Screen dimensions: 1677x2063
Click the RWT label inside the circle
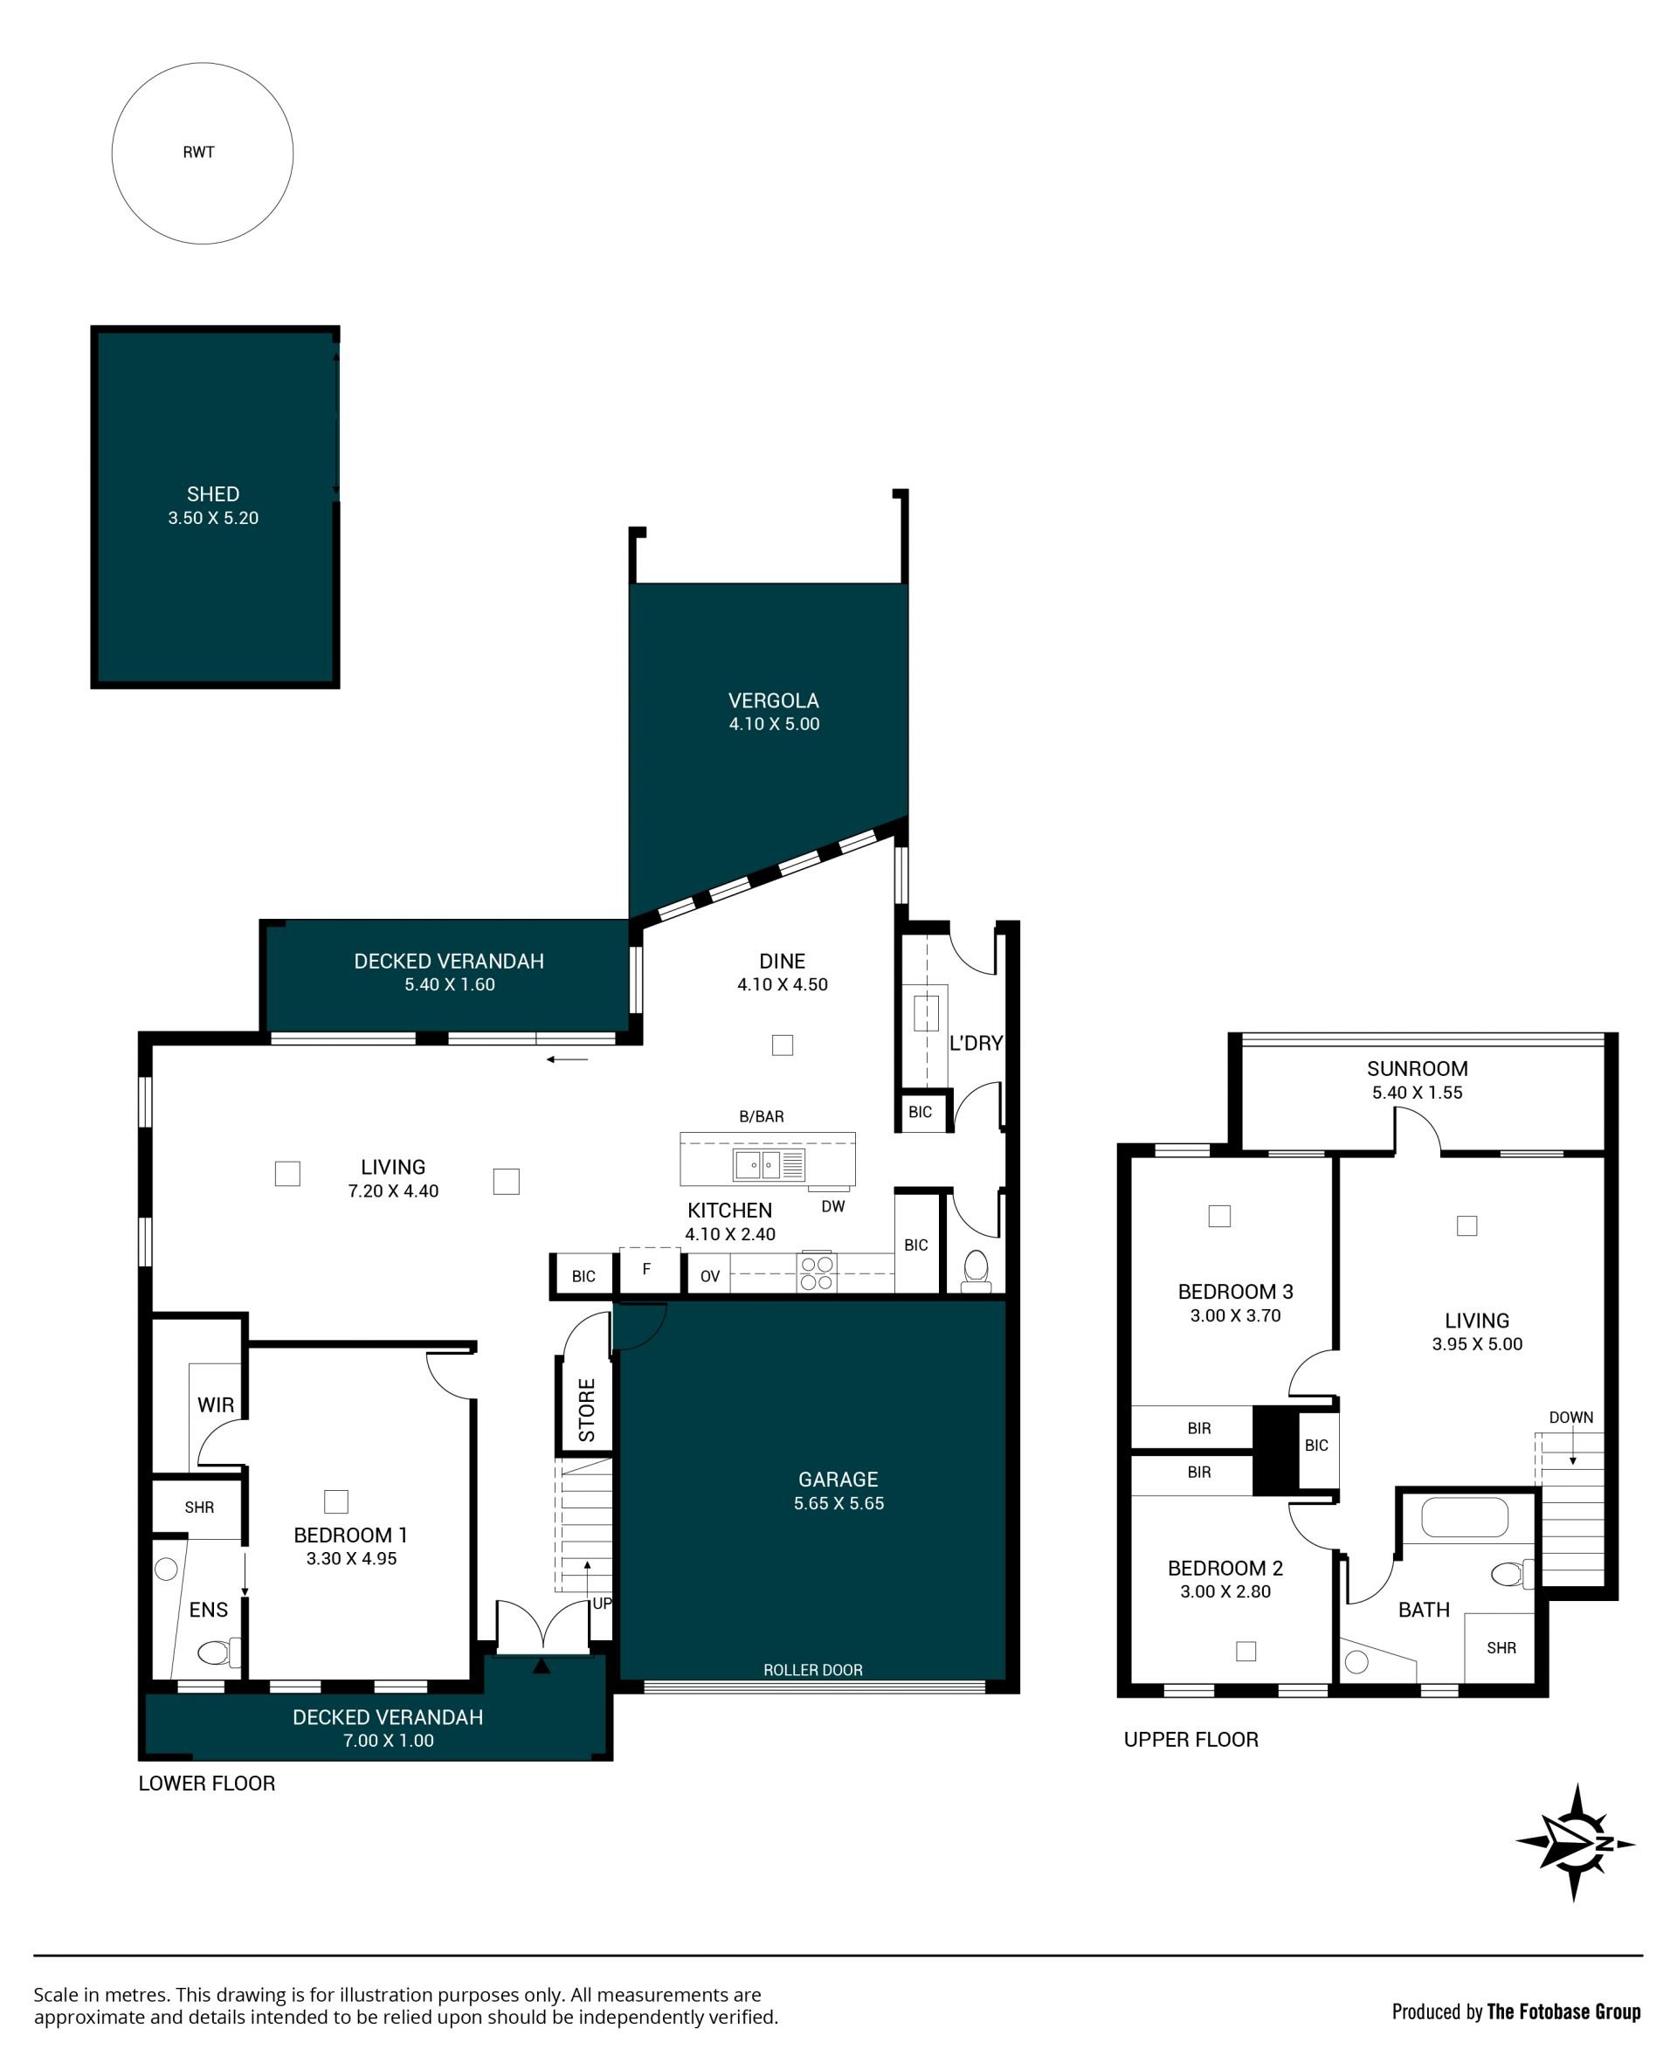click(x=198, y=152)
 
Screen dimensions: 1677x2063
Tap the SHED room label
click(x=212, y=493)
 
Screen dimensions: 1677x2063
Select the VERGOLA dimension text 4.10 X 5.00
click(x=774, y=724)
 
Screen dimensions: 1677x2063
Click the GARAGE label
click(x=838, y=1479)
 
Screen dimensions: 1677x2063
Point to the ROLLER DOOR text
click(x=812, y=1670)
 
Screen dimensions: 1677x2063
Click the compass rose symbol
click(x=1576, y=1843)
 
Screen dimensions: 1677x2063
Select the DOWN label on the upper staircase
click(x=1570, y=1417)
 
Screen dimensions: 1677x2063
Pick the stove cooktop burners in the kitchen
click(x=817, y=1273)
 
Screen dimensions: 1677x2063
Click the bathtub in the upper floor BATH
click(x=1465, y=1517)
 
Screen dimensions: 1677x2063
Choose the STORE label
click(x=586, y=1410)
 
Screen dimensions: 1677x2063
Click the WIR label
click(x=216, y=1404)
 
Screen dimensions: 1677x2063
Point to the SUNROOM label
click(x=1417, y=1068)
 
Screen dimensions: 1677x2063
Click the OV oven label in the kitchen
click(x=710, y=1276)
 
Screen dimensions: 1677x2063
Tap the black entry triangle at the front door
click(x=541, y=1665)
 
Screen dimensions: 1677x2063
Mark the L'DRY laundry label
click(x=976, y=1043)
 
